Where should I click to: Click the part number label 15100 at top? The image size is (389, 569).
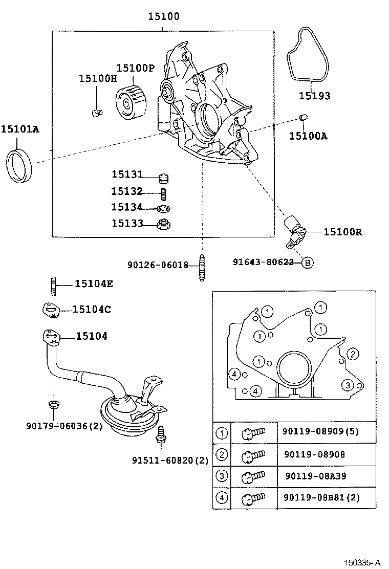click(164, 16)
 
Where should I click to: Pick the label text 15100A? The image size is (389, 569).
click(308, 136)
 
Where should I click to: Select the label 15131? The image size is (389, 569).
click(127, 174)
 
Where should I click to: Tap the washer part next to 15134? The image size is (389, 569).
click(164, 208)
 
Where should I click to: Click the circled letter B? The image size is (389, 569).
click(307, 262)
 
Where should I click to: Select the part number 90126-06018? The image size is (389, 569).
click(158, 265)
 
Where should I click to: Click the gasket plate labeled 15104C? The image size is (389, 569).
click(50, 309)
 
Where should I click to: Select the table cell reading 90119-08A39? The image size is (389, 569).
click(316, 475)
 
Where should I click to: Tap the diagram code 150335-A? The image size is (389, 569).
click(362, 562)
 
